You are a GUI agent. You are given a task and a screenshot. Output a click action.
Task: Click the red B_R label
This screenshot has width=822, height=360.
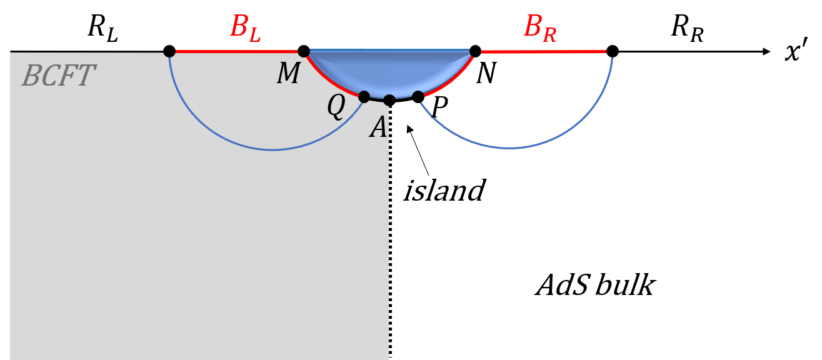(539, 28)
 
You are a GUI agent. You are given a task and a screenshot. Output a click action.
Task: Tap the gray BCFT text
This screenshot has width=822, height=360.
(58, 76)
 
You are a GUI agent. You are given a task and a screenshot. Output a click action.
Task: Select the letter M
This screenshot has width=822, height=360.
(288, 74)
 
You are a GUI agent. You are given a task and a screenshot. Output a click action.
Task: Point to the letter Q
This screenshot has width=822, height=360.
(336, 107)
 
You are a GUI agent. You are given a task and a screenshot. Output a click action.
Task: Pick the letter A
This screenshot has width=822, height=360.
(379, 128)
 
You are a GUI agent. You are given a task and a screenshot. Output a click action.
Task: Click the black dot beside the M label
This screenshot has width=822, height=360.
(304, 51)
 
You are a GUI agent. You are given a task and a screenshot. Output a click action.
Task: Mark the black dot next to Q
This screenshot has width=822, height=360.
(364, 96)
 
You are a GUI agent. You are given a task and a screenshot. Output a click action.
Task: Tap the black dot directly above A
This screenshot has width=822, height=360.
(389, 100)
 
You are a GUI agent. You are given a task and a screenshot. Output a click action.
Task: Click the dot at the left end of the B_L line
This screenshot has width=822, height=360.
(169, 51)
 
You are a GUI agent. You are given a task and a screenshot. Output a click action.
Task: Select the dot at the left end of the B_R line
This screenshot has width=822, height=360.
(475, 51)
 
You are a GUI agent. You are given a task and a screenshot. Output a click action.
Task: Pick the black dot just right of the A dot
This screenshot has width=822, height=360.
(418, 96)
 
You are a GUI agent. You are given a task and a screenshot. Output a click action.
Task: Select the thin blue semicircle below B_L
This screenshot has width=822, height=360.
(273, 149)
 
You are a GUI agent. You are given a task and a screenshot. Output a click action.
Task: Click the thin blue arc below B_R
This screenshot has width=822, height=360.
(509, 147)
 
